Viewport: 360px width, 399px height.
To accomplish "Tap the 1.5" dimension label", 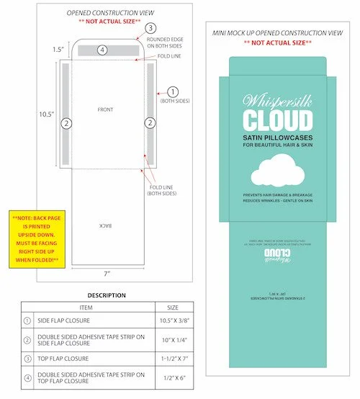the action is click(x=58, y=50).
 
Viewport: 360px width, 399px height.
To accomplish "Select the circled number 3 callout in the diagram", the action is click(x=150, y=28).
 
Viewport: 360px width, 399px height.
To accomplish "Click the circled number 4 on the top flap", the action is click(x=103, y=50).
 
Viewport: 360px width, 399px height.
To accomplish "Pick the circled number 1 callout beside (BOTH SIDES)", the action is click(x=172, y=91).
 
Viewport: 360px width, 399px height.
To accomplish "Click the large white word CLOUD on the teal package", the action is click(x=277, y=120).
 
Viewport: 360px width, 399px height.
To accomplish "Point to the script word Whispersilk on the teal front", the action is click(x=277, y=99).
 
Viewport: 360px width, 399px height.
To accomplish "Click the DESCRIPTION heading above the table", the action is click(x=107, y=295).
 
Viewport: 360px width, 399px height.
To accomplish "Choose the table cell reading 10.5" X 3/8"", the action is click(x=174, y=323).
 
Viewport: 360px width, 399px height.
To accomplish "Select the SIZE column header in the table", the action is click(x=174, y=307).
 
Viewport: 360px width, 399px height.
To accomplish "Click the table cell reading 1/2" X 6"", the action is click(x=174, y=376).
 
